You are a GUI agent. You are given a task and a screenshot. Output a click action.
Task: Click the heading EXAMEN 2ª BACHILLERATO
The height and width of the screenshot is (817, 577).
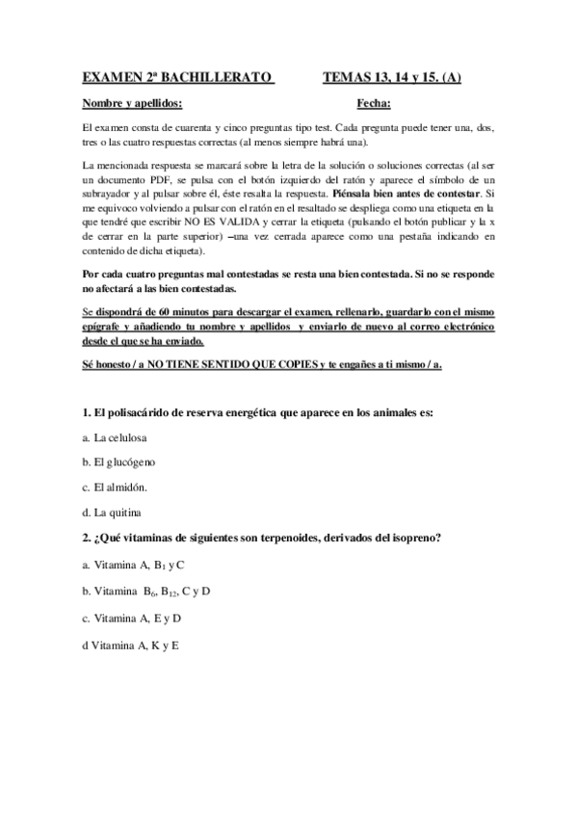[x=177, y=76]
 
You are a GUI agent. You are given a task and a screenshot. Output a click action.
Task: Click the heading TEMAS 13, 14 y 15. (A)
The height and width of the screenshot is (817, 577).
[x=391, y=76]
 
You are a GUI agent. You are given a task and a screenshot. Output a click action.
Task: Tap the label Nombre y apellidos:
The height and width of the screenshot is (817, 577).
[x=132, y=103]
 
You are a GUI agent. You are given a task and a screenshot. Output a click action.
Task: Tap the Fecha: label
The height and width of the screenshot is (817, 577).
[x=373, y=103]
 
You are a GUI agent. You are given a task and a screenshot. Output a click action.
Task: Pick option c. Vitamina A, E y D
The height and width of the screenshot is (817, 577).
[x=132, y=617]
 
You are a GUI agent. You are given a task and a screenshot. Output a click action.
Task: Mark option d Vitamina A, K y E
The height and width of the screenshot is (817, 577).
[x=131, y=643]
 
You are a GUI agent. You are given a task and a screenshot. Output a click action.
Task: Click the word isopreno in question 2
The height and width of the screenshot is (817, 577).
[x=416, y=537]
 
